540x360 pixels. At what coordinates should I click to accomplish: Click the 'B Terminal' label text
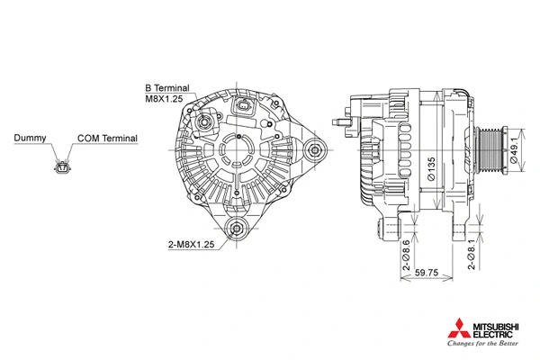coord(166,88)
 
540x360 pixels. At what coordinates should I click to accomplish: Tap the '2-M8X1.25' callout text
coord(191,245)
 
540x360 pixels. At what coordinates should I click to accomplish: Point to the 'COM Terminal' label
coord(107,139)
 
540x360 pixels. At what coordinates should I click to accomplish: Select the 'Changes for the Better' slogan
coord(482,343)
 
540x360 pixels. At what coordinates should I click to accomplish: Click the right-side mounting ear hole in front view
coord(316,151)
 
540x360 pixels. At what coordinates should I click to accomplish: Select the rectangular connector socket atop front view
coord(243,108)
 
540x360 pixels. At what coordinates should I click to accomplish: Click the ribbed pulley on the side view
coord(491,153)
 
